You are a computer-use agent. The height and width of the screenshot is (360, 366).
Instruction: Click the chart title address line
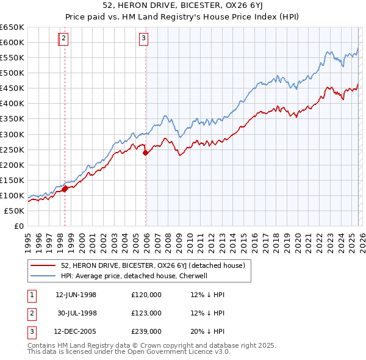pos(183,7)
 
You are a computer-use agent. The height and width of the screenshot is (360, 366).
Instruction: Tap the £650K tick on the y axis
pos(12,27)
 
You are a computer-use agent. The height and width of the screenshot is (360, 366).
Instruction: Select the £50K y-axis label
pos(14,211)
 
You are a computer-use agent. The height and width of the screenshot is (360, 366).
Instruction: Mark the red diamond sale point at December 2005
pos(146,153)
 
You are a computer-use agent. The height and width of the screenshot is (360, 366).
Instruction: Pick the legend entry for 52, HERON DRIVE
pos(152,265)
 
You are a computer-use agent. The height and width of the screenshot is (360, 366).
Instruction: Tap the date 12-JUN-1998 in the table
pos(76,295)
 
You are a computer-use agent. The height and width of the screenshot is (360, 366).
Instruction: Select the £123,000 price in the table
pos(146,313)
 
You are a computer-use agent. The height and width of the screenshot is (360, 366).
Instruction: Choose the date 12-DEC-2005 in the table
pos(76,331)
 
